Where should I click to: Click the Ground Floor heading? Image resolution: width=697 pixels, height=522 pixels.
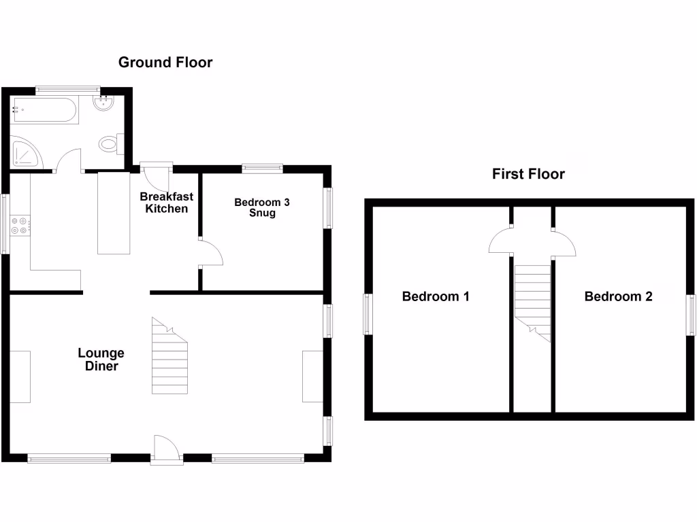165,63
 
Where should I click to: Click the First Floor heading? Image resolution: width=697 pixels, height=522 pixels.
528,174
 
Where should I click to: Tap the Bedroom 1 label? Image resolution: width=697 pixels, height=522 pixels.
436,296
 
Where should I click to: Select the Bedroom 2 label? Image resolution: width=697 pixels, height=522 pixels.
618,296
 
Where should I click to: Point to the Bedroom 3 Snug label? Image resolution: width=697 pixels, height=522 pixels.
262,207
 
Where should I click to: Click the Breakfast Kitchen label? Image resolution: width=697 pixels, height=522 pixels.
167,203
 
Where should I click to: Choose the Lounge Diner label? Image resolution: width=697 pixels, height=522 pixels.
101,360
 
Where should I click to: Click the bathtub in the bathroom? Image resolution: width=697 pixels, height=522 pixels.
45,109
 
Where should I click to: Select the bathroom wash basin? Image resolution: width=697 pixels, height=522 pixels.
103,103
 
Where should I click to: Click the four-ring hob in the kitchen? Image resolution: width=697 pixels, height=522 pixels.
20,225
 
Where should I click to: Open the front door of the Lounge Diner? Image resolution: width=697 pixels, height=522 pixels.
167,449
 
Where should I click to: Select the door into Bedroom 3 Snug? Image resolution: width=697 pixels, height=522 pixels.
212,254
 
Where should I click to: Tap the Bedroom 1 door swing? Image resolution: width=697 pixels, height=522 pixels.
500,241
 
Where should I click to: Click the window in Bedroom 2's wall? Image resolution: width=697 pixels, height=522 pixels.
691,315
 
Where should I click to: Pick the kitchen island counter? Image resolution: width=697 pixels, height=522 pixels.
114,213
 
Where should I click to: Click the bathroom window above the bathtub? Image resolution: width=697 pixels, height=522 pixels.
68,88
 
